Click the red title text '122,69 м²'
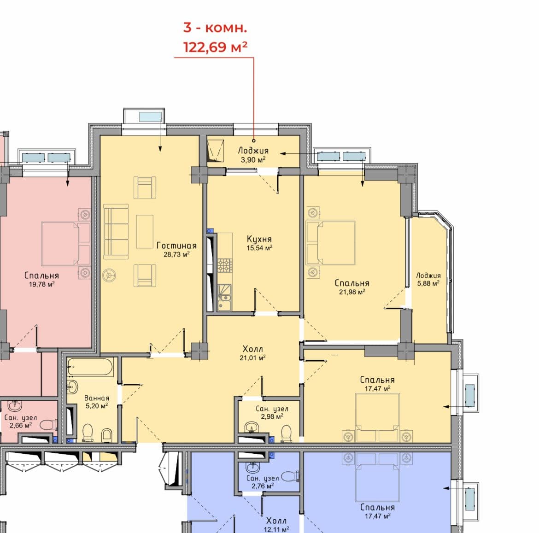pos(215,47)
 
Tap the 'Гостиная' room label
pos(177,246)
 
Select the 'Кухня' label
pos(259,239)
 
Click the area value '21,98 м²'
pos(352,292)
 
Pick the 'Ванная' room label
pos(97,398)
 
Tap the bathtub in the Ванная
pos(90,367)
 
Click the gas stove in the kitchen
pos(225,265)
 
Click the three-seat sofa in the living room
pos(116,232)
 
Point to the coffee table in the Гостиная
pos(145,231)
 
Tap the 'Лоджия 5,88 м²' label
pos(428,279)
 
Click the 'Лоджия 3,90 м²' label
pos(253,155)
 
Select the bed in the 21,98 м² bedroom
pos(331,243)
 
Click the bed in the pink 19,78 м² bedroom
pos(65,244)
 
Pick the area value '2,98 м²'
pos(272,416)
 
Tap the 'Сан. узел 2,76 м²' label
pos(263,482)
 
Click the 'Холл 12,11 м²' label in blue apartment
pos(276,525)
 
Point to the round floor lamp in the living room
pos(109,275)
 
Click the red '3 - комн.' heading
pos(215,28)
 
